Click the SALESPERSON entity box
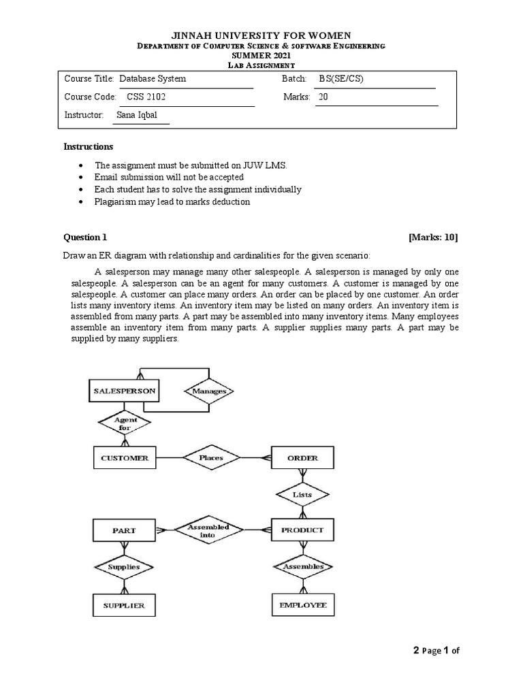(125, 391)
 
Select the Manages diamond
(209, 391)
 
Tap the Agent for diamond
(125, 424)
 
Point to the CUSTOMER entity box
(125, 458)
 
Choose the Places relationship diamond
(211, 458)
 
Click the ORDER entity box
(302, 458)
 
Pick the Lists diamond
(302, 495)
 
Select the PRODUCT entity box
(302, 530)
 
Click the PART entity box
(125, 530)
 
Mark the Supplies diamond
(125, 566)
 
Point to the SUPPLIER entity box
(125, 605)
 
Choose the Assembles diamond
(302, 566)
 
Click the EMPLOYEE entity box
(302, 604)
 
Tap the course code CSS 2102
(146, 97)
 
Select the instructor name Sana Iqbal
(137, 115)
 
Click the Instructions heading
(89, 146)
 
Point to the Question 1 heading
(85, 238)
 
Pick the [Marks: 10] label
(433, 238)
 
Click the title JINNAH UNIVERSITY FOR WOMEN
(261, 35)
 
